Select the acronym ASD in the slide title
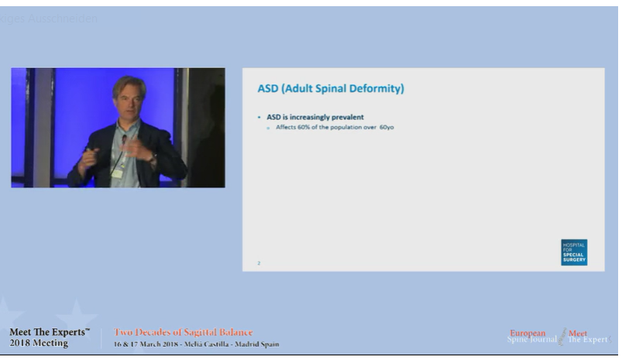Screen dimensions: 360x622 tap(268, 89)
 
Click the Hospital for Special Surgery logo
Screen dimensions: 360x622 tap(574, 252)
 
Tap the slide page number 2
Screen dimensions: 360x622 tap(259, 263)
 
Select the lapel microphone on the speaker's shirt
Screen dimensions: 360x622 tap(123, 139)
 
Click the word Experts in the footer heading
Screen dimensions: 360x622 tap(64, 332)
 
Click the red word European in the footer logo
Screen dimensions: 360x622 tap(527, 333)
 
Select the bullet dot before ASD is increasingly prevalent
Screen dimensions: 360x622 tap(259, 117)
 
